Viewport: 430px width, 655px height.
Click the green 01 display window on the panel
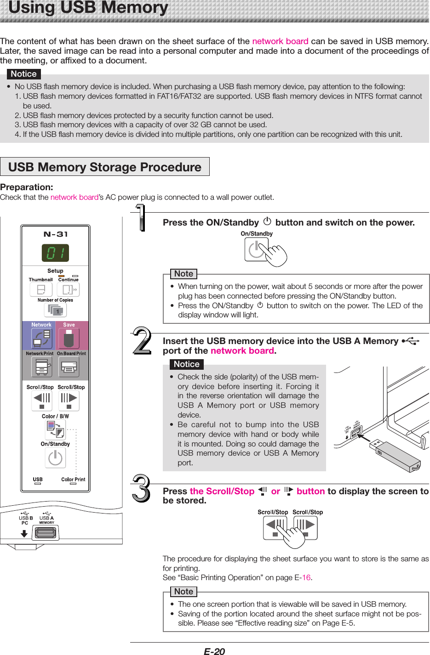(x=56, y=253)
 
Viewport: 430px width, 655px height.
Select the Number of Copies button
(x=55, y=311)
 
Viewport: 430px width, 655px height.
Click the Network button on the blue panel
(x=41, y=339)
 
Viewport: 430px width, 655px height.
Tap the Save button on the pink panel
(x=69, y=339)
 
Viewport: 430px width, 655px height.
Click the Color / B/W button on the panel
(x=56, y=429)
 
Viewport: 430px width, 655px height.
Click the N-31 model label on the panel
(x=56, y=234)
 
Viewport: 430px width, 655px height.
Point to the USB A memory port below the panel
(x=46, y=533)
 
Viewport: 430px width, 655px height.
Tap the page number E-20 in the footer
(x=214, y=651)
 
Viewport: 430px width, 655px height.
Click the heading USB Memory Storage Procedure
(x=105, y=167)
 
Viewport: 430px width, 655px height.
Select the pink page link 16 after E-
(x=306, y=578)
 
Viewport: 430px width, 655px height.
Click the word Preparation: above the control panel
(x=27, y=187)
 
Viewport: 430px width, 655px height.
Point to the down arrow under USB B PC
(x=24, y=534)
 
